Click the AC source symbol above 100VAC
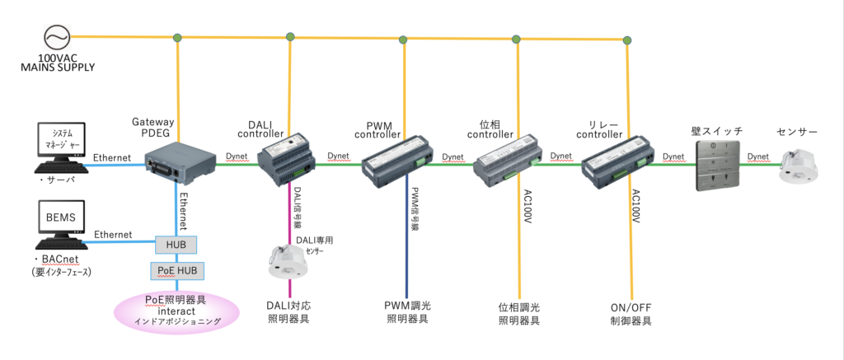(56, 37)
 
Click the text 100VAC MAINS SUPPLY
(57, 64)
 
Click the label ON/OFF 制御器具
(631, 314)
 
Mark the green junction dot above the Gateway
(177, 37)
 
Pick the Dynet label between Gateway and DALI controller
(238, 155)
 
